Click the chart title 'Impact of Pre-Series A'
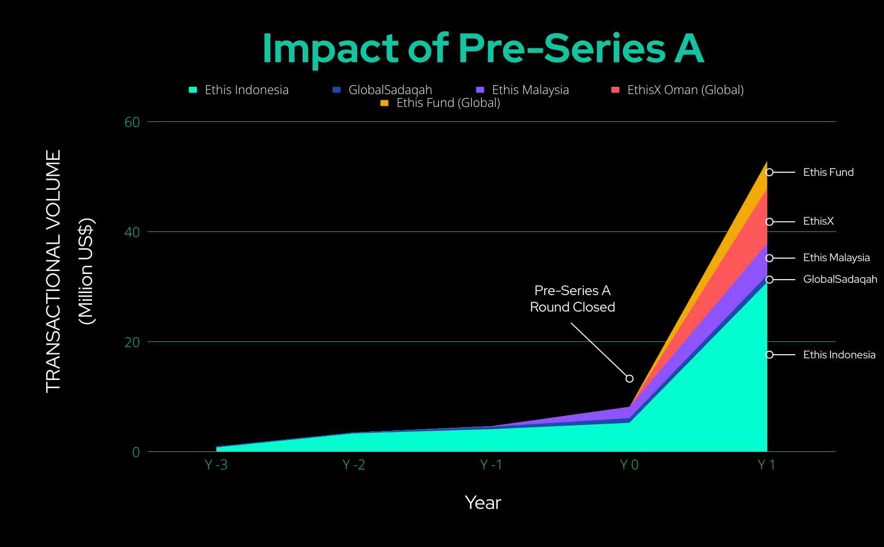tap(483, 48)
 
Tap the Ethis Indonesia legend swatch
tap(193, 90)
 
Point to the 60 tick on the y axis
tap(132, 122)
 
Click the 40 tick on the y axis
tap(132, 232)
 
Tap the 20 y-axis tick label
tap(132, 342)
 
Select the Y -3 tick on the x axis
tap(216, 465)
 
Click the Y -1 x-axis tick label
tap(491, 465)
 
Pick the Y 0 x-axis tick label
tap(629, 465)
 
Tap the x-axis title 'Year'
tap(483, 502)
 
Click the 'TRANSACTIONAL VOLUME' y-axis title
tap(53, 271)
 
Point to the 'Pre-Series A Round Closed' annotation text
tap(573, 299)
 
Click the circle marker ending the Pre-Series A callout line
tap(629, 379)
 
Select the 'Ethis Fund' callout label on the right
tap(828, 172)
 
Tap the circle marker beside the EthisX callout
tap(769, 222)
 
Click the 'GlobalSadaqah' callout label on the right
tap(840, 279)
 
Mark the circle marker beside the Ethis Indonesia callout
tap(769, 355)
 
